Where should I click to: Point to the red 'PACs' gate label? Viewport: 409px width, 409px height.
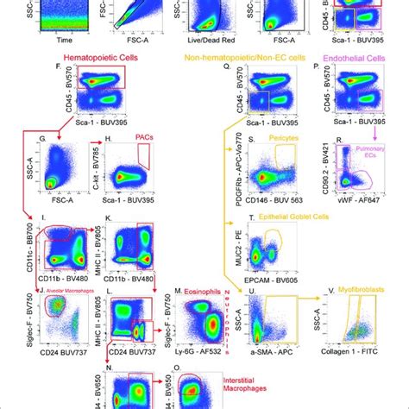(141, 136)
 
